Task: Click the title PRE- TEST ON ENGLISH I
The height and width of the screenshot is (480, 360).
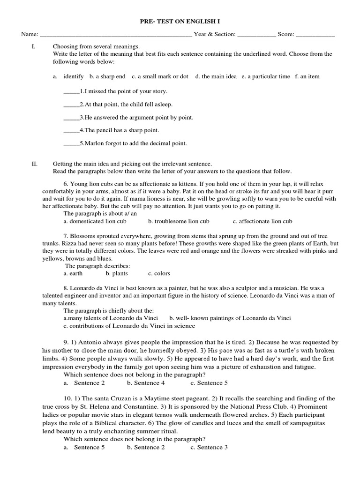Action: pos(180,22)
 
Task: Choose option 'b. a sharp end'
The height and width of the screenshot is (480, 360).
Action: pos(107,76)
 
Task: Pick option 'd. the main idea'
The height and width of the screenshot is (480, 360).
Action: pos(216,76)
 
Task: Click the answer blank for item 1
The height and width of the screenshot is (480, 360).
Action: pos(71,92)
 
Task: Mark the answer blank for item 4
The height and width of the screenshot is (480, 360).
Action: pos(71,131)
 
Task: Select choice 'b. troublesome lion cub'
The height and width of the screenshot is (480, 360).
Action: pos(179,221)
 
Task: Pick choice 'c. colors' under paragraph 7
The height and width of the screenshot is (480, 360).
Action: pos(159,273)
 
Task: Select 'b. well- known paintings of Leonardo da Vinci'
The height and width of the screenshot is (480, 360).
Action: pos(230,318)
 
